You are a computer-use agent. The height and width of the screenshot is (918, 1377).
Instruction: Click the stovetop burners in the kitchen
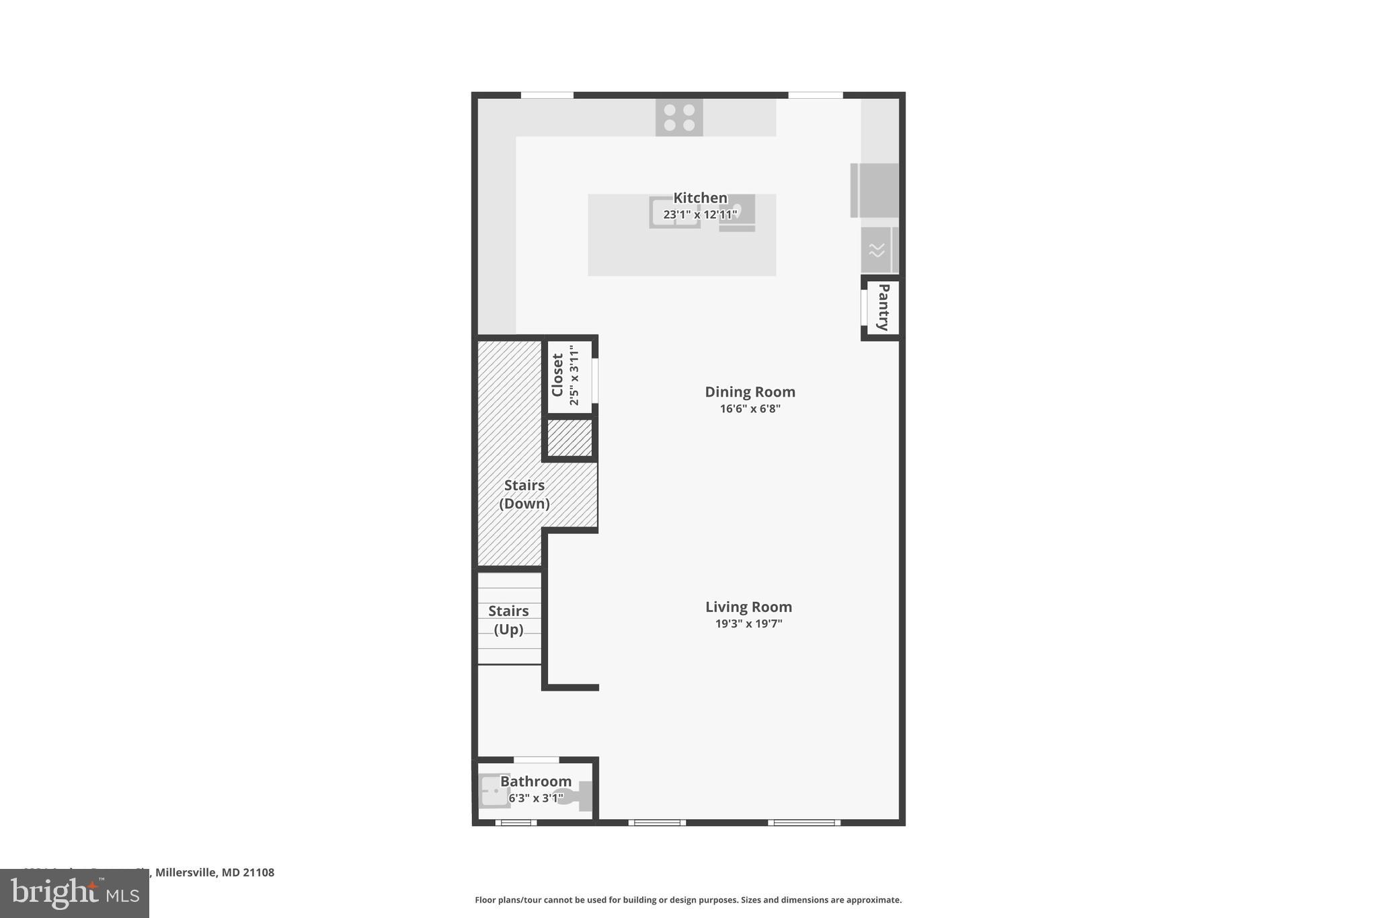(679, 118)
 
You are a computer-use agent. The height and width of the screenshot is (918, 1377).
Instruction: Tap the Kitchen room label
(700, 198)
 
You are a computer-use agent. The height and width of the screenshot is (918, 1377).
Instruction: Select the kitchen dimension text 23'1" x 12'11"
(700, 215)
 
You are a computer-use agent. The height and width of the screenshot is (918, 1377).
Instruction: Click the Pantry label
(883, 307)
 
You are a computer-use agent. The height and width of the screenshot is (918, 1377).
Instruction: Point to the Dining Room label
(750, 391)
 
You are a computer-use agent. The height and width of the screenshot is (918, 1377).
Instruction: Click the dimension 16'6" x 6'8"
(750, 408)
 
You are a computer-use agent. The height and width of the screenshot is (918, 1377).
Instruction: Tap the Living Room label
(748, 607)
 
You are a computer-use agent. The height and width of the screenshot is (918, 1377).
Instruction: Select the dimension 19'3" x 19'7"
(748, 623)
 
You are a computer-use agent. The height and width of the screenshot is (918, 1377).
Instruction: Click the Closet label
(557, 375)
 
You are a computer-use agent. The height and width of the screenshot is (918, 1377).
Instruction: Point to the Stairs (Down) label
(524, 494)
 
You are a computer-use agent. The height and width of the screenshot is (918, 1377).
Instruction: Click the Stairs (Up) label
(508, 620)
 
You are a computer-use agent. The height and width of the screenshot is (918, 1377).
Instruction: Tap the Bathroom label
(536, 781)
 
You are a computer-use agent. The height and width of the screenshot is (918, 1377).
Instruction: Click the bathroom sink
(494, 792)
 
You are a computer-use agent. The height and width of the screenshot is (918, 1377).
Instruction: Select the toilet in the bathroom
(577, 797)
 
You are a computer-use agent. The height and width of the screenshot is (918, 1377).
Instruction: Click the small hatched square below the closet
(569, 438)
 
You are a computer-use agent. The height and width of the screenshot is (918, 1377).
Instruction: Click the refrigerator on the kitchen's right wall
(875, 190)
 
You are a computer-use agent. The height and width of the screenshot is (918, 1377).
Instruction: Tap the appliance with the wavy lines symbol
(876, 250)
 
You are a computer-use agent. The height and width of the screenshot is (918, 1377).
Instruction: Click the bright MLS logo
(74, 894)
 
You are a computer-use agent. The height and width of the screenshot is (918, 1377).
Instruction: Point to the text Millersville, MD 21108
(214, 872)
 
